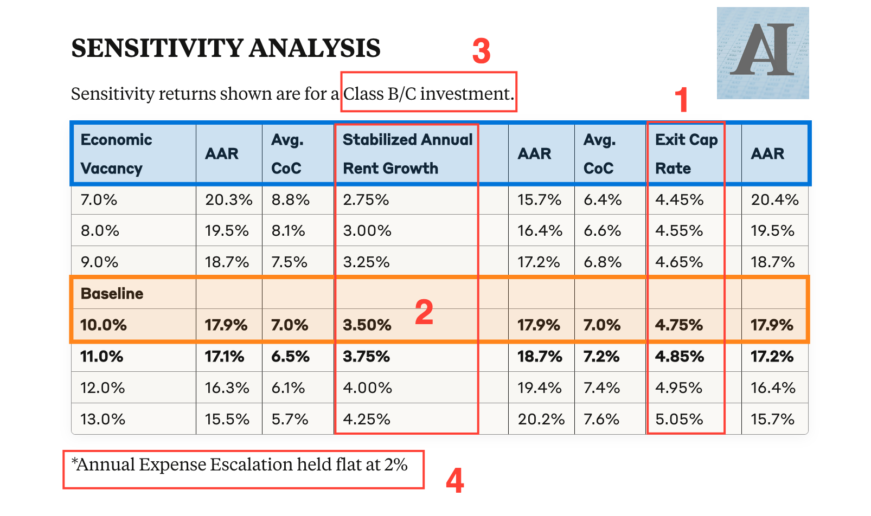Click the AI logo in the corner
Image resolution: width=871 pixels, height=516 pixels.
[x=763, y=53]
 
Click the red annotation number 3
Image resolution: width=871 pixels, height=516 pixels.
[x=481, y=51]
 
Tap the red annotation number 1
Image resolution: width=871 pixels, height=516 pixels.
[x=681, y=100]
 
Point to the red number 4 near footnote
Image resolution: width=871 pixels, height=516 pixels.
[x=454, y=481]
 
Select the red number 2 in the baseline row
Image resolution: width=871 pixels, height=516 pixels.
[x=424, y=312]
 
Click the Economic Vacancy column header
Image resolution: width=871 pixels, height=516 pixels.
[x=116, y=154]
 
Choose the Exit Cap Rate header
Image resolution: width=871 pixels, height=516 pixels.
[x=686, y=154]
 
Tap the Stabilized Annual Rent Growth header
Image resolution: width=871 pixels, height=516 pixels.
[x=407, y=154]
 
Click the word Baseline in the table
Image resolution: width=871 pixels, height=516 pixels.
[x=112, y=294]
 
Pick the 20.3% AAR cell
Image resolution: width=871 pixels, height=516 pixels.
[x=228, y=200]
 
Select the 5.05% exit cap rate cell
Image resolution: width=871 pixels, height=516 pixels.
[x=679, y=419]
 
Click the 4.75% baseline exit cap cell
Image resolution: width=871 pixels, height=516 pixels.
[x=679, y=325]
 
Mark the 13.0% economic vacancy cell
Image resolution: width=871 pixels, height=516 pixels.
[x=103, y=419]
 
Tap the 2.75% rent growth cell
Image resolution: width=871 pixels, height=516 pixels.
[x=366, y=200]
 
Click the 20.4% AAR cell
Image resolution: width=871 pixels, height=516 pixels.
[x=774, y=200]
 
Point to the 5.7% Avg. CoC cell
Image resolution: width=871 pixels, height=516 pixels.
[x=290, y=419]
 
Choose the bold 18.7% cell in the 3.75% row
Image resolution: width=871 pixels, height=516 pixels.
[x=540, y=357]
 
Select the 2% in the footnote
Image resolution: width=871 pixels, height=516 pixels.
[x=396, y=465]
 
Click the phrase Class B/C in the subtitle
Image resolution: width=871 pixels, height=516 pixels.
[x=380, y=94]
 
